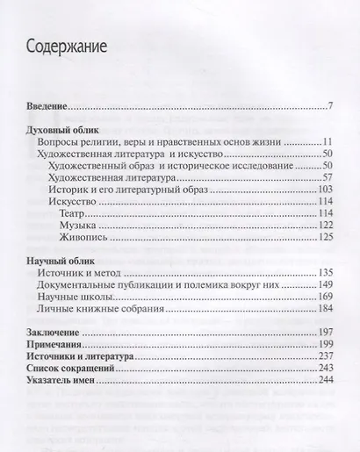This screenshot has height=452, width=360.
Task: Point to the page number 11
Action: pos(328,140)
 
